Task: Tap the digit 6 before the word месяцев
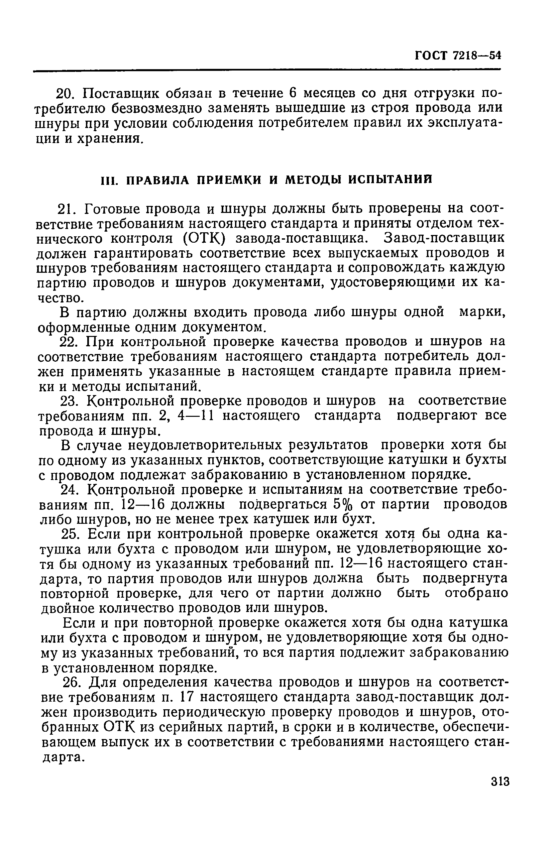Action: [292, 93]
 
